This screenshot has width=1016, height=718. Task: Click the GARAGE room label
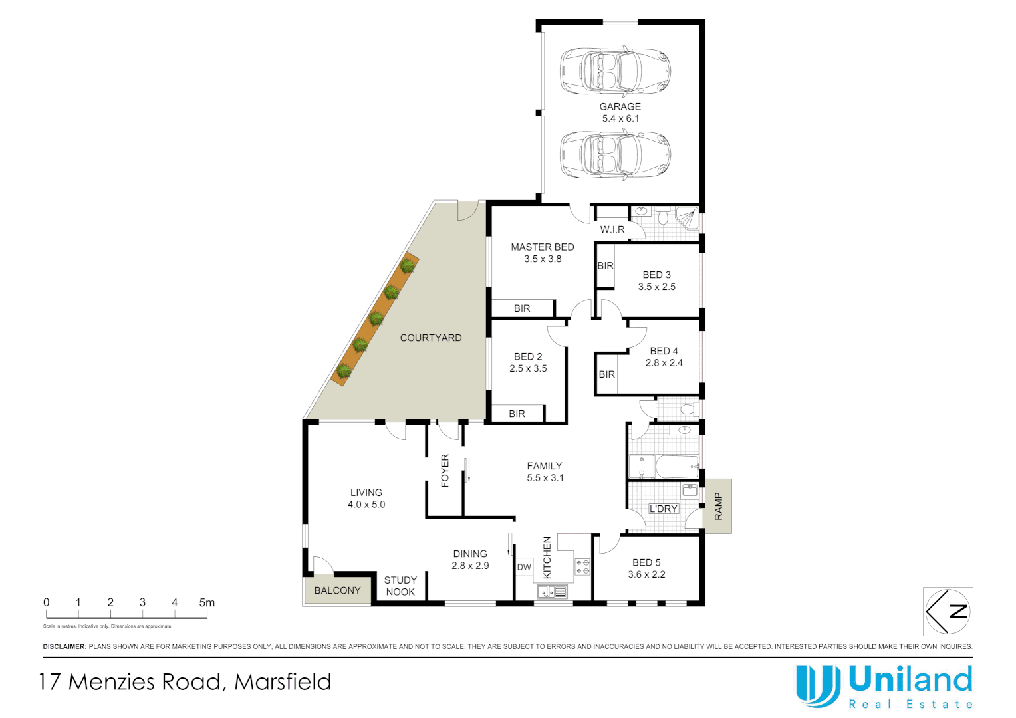pos(620,106)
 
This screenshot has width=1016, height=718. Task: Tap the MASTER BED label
pos(542,247)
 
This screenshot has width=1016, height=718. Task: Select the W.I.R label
pos(612,229)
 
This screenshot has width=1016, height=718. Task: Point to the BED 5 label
pos(646,562)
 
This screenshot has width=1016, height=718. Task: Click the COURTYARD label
pos(430,338)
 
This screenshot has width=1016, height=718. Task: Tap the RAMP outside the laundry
pos(718,506)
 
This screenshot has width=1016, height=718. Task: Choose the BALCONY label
pos(337,590)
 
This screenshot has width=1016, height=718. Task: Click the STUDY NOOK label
pos(400,586)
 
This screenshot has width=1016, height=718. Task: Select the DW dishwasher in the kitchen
pos(524,567)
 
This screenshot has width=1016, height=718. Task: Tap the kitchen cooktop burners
pos(582,567)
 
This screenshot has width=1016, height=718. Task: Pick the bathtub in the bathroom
pos(676,467)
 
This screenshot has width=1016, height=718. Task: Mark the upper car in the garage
pos(615,70)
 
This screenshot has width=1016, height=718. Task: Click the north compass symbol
pos(948,612)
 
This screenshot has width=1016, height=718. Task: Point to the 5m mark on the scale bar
pos(206,603)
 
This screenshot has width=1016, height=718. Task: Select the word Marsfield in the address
pos(283,682)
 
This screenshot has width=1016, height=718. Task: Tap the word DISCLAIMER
pos(64,646)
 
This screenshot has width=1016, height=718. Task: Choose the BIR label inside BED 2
pos(517,414)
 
